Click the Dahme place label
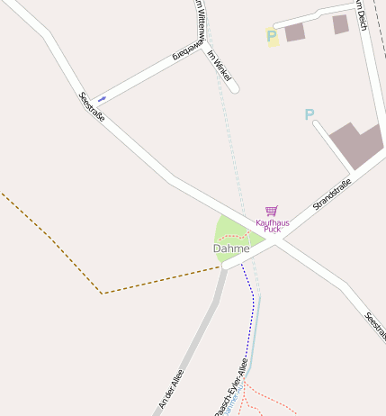pos(231,248)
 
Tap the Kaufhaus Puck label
pos(268,225)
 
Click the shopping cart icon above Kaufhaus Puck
pos(271,211)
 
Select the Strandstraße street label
pos(331,194)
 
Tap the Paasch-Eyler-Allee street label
pos(230,387)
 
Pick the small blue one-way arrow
pos(102,98)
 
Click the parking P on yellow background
pos(273,38)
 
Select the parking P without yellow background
pos(310,115)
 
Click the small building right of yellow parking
pos(295,32)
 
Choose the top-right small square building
pos(340,24)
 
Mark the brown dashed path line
pos(54,244)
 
